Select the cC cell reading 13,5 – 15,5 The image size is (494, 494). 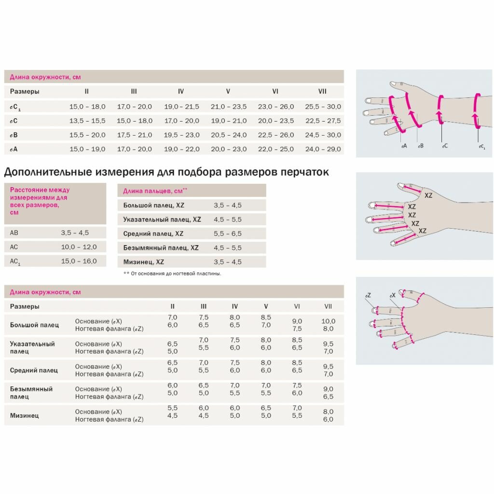pyautogui.click(x=87, y=121)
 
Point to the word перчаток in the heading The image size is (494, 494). pyautogui.click(x=304, y=172)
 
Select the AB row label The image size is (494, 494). pyautogui.click(x=14, y=233)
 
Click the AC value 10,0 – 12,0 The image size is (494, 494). pyautogui.click(x=79, y=247)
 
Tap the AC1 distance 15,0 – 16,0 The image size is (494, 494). pyautogui.click(x=79, y=261)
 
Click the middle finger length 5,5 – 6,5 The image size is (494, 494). pyautogui.click(x=228, y=233)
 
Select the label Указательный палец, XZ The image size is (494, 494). pyautogui.click(x=162, y=219)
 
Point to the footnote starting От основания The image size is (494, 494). pyautogui.click(x=176, y=274)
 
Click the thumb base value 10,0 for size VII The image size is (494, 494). pyautogui.click(x=328, y=321)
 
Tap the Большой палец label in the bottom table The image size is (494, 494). pyautogui.click(x=34, y=325)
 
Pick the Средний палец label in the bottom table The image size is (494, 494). pyautogui.click(x=34, y=370)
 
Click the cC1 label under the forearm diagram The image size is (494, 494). pyautogui.click(x=481, y=146)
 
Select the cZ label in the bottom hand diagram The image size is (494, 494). pyautogui.click(x=368, y=295)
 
